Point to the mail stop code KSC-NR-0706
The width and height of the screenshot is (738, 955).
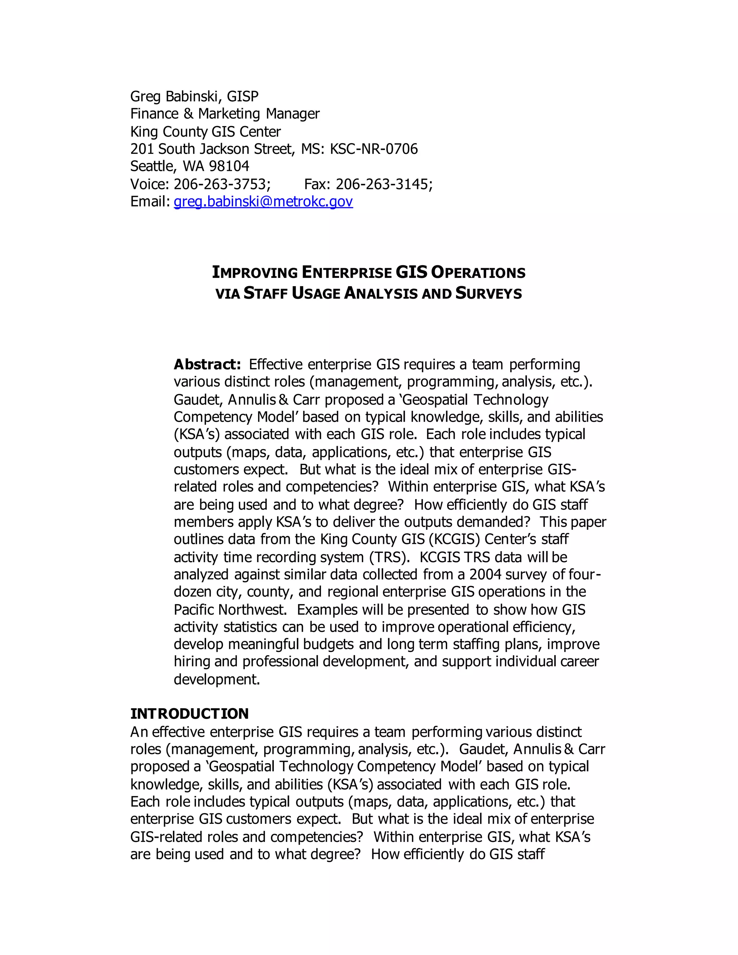[374, 149]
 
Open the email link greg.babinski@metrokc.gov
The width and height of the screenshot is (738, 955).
[263, 201]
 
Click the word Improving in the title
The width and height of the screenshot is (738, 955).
[254, 272]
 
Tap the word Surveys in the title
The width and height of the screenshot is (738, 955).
[488, 293]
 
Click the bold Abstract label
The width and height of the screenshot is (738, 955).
[207, 364]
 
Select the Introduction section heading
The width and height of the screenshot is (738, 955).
[189, 714]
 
